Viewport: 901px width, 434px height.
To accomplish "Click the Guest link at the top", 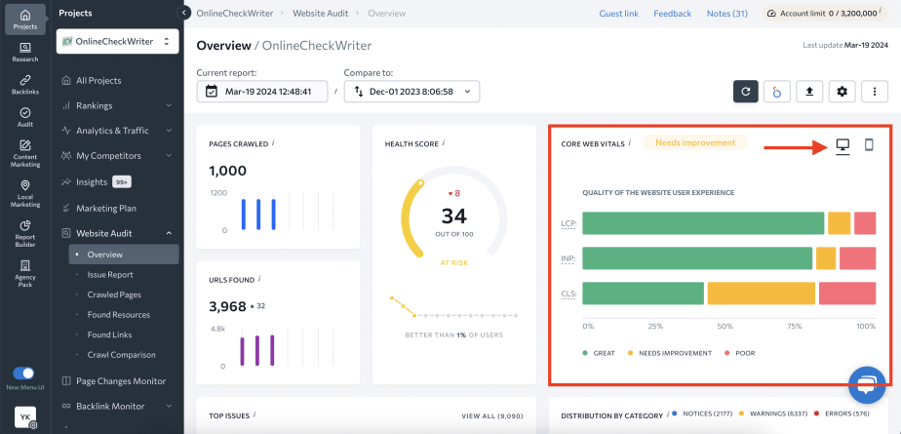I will click(618, 14).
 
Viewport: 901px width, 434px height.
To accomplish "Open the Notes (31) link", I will click(726, 14).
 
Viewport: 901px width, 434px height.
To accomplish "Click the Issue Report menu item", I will click(110, 275).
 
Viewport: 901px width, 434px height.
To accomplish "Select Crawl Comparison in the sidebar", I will click(121, 355).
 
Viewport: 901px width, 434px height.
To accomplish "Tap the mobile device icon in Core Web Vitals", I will click(869, 145).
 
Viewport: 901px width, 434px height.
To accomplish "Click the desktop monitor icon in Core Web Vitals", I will click(842, 145).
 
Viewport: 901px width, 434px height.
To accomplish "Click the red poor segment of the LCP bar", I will click(865, 223).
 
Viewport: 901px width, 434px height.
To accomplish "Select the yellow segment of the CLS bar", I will click(761, 294).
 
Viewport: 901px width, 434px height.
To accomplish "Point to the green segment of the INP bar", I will click(697, 258).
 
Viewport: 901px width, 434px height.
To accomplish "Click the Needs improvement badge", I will click(695, 142).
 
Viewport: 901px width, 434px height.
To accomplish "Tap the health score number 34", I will click(453, 216).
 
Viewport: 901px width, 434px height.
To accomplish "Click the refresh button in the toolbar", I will click(746, 92).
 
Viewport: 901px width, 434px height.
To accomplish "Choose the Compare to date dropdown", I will click(411, 92).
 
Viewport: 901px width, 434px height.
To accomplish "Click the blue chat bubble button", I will click(865, 384).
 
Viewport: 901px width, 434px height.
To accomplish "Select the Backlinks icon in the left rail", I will click(25, 85).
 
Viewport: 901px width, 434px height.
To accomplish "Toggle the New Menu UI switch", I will click(24, 374).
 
